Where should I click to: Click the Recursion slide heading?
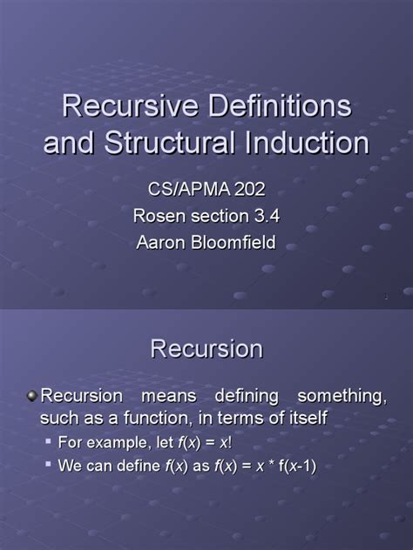(206, 349)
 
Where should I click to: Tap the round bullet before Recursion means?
(32, 397)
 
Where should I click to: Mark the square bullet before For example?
(49, 443)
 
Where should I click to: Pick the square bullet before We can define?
(49, 466)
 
